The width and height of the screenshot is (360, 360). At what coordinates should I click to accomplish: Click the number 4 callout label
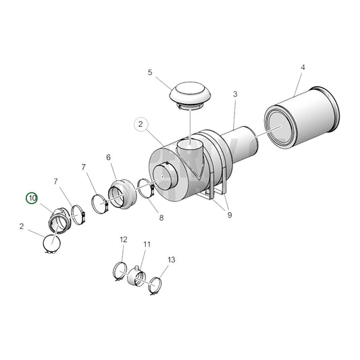pos(303,68)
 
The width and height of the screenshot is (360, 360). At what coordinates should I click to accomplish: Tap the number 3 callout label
pos(234,95)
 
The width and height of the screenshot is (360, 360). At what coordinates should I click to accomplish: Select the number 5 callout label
pos(150,72)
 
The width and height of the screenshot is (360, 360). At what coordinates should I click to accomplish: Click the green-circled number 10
pos(32,198)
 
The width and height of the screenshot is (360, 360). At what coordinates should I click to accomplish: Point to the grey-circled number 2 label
pos(140,124)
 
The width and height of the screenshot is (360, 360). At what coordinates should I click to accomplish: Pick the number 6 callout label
pos(108,157)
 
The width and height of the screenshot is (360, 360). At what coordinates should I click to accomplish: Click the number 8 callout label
pos(161,217)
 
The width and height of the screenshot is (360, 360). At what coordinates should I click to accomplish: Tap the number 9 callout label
pos(230,215)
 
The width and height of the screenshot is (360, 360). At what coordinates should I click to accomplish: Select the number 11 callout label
pos(147,244)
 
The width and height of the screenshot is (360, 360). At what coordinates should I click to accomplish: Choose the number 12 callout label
pos(123,240)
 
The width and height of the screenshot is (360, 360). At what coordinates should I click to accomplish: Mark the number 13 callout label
pos(171,259)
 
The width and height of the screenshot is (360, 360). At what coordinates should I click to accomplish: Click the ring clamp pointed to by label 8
pos(147,188)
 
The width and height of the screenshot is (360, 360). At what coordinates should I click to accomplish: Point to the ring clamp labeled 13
pos(157,286)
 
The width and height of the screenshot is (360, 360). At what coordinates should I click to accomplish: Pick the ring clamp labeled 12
pos(120,271)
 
